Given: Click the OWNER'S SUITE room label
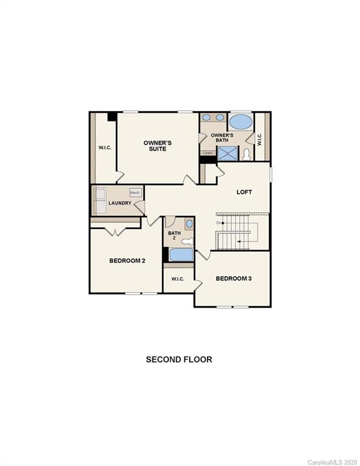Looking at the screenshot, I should click(x=157, y=146).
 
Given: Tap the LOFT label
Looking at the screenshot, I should click(x=244, y=192).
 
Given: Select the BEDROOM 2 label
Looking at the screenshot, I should click(x=127, y=261).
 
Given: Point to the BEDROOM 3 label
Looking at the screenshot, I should click(x=234, y=279).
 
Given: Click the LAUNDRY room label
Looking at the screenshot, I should click(x=120, y=203).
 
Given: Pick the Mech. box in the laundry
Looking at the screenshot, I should click(x=135, y=192).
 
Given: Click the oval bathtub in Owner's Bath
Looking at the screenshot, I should click(x=240, y=121).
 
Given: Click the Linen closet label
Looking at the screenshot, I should click(x=208, y=153).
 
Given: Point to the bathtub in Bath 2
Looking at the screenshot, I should click(x=180, y=254).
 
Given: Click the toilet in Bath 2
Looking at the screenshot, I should click(x=186, y=241).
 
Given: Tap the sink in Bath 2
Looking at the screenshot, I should click(x=188, y=224).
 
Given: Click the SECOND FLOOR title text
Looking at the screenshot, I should click(x=178, y=359).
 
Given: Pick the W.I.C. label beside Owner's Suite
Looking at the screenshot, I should click(x=105, y=147).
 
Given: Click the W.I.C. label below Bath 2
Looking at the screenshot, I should click(x=177, y=279).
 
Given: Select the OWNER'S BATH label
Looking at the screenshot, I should click(x=222, y=138).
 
